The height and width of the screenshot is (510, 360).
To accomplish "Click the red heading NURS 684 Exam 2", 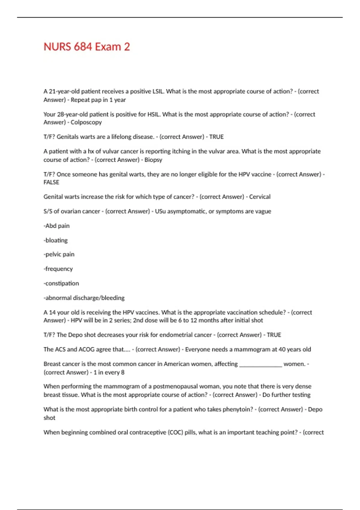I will (x=87, y=47).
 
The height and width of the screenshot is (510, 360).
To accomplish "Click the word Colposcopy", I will (x=86, y=122).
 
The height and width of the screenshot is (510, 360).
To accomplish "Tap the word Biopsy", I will (x=153, y=160).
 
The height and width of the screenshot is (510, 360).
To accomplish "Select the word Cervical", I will (x=260, y=197).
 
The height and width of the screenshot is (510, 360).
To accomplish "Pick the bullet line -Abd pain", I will (x=57, y=226).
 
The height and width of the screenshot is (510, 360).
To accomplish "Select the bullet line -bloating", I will (x=56, y=240).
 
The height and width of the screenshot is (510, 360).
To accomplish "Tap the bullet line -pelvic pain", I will (x=59, y=254).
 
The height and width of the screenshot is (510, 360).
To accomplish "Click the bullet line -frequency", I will (x=58, y=269).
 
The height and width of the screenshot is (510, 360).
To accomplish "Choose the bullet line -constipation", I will (x=61, y=283).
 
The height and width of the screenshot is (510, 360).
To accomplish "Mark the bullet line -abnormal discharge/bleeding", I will (x=84, y=298).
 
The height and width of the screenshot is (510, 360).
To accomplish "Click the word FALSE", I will (x=51, y=182).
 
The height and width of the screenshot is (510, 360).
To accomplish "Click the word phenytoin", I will (x=238, y=409).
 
